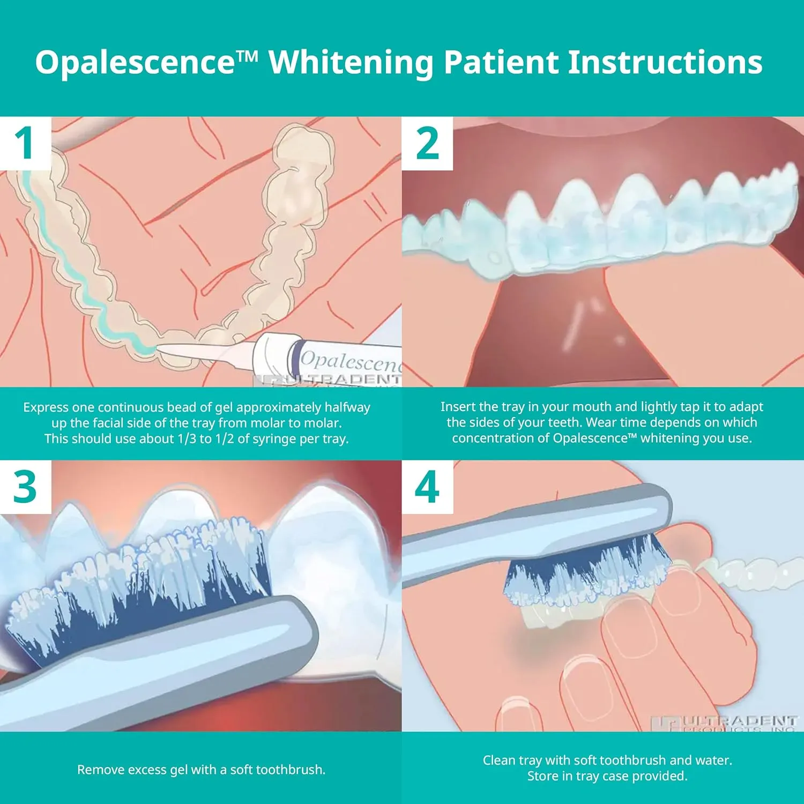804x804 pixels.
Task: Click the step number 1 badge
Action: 25,143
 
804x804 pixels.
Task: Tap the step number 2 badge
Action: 427,143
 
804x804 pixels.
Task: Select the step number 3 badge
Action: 25,487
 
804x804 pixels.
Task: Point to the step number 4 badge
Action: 427,487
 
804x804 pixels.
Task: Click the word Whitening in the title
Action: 351,63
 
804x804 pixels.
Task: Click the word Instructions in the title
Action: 665,62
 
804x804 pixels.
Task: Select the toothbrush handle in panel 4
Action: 515,531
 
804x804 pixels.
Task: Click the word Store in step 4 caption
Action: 542,776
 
